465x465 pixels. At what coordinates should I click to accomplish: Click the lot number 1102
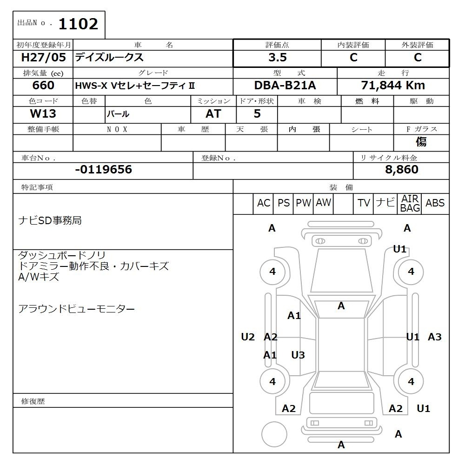(78, 24)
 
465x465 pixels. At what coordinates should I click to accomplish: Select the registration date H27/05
(43, 57)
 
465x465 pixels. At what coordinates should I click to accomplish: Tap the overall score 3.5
(278, 57)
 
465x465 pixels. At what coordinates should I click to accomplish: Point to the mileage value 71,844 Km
(393, 86)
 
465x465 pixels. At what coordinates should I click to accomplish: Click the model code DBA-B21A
(285, 86)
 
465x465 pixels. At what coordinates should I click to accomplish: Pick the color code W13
(43, 113)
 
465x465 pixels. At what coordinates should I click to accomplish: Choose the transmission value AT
(213, 113)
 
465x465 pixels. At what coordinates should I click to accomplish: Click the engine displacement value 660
(43, 86)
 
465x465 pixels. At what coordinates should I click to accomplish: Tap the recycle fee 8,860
(402, 169)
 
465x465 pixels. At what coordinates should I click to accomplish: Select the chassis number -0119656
(104, 169)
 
